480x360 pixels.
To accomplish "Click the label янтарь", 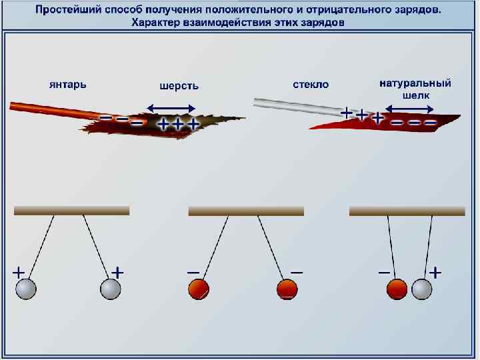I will (67, 85).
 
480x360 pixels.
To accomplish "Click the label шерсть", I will (179, 86).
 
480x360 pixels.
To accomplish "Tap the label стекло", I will (311, 85).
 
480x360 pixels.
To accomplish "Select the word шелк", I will (416, 95).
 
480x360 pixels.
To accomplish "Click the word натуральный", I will (415, 84).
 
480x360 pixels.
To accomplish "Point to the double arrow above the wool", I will (171, 107).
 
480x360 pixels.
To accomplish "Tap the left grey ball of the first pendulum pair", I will (25, 289).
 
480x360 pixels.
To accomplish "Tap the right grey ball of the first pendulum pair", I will (110, 289).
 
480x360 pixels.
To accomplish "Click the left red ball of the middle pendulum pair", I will (198, 289).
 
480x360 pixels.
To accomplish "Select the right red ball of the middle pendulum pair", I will (286, 289).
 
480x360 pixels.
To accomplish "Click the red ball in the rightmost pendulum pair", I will (397, 289).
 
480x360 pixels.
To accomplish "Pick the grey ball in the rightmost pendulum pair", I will (422, 289).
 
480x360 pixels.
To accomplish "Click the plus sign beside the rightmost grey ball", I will (435, 272).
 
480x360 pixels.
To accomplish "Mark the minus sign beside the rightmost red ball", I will (384, 272).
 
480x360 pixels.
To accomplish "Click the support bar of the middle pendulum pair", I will (246, 211).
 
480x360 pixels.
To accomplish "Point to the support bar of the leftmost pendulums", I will (72, 211).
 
